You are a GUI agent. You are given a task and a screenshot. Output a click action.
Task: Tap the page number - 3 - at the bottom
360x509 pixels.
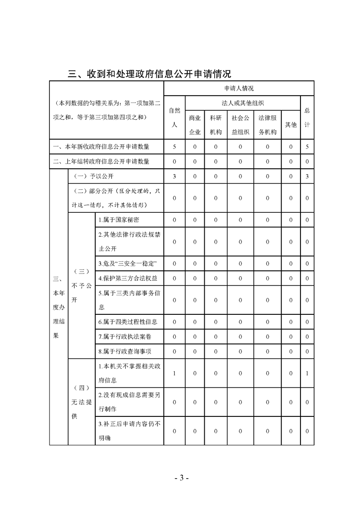click(181, 478)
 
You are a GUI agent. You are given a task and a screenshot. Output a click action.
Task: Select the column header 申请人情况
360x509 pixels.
click(239, 88)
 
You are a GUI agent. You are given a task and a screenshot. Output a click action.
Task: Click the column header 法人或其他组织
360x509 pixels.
click(242, 103)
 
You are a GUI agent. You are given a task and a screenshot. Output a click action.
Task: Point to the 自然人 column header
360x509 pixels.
click(174, 117)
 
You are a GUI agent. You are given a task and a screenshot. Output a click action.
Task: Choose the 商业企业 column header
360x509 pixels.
click(195, 125)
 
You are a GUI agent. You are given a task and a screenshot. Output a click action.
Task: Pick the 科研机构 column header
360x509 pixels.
click(216, 125)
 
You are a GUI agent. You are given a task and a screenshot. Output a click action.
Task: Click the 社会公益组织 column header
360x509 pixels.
click(241, 125)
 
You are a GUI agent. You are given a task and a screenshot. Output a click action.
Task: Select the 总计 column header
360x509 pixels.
click(307, 117)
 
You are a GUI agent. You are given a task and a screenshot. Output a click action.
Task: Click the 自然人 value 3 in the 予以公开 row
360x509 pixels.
click(174, 176)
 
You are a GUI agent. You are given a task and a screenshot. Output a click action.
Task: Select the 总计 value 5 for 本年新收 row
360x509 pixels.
click(307, 147)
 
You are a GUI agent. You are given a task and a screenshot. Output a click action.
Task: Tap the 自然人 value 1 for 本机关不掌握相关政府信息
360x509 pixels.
click(174, 373)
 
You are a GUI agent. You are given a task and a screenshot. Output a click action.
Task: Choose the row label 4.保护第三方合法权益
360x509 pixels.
click(128, 278)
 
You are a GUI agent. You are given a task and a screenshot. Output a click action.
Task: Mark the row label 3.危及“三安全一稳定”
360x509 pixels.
click(128, 263)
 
